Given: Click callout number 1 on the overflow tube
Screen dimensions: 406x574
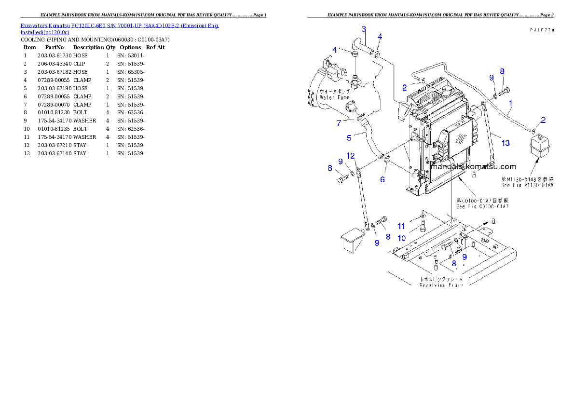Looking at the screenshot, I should click(510, 102).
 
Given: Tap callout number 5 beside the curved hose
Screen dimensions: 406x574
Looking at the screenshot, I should click(349, 138).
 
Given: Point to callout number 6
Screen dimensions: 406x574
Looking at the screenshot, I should click(383, 179).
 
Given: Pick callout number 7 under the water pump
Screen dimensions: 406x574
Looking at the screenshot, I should click(339, 123).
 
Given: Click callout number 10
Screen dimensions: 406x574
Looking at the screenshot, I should click(401, 238).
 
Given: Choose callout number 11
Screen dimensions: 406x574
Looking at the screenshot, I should click(401, 226).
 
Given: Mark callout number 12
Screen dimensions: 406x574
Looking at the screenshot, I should click(351, 156).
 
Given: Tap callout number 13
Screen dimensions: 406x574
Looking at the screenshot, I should click(505, 143).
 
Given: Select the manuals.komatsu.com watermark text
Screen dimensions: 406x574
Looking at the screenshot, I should click(474, 167).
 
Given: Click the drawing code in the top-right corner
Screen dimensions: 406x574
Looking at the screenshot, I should click(540, 30).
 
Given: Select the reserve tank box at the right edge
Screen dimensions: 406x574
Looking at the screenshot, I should click(540, 145).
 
